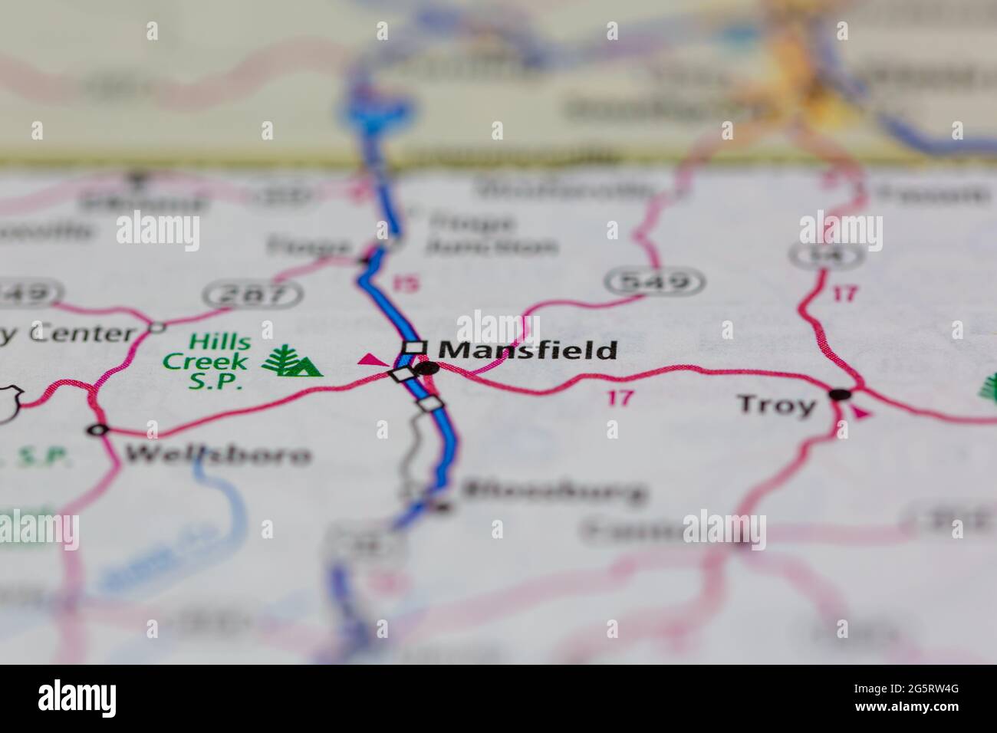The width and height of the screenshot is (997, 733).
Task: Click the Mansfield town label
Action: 530,350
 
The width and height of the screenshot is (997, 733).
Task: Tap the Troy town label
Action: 776,404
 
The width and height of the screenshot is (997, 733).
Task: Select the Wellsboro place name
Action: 218,455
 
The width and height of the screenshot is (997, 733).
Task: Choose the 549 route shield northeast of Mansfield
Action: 654,282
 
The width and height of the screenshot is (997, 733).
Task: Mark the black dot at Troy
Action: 840,395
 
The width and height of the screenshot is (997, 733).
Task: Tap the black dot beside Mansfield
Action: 426,368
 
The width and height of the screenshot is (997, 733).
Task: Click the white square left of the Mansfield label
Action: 415,347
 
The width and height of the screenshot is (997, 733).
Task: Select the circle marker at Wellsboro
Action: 97,430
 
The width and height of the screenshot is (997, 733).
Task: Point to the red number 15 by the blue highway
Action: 407,284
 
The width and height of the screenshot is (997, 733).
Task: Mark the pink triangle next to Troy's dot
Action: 862,413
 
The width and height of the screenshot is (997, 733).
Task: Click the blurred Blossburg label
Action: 554,491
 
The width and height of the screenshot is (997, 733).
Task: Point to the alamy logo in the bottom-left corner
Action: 77,697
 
